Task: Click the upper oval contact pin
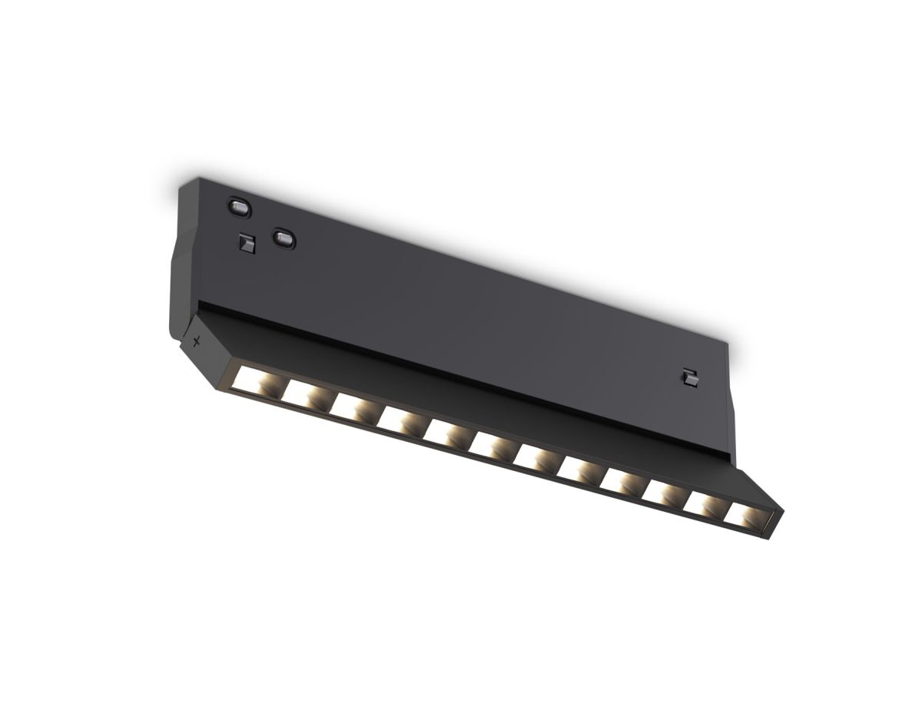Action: [239, 206]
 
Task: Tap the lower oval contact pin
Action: [284, 237]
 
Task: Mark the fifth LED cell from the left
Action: [444, 433]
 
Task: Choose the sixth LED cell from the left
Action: [489, 446]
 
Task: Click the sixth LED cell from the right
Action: [533, 459]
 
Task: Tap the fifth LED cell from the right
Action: [576, 470]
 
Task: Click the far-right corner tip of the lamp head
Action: [784, 509]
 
